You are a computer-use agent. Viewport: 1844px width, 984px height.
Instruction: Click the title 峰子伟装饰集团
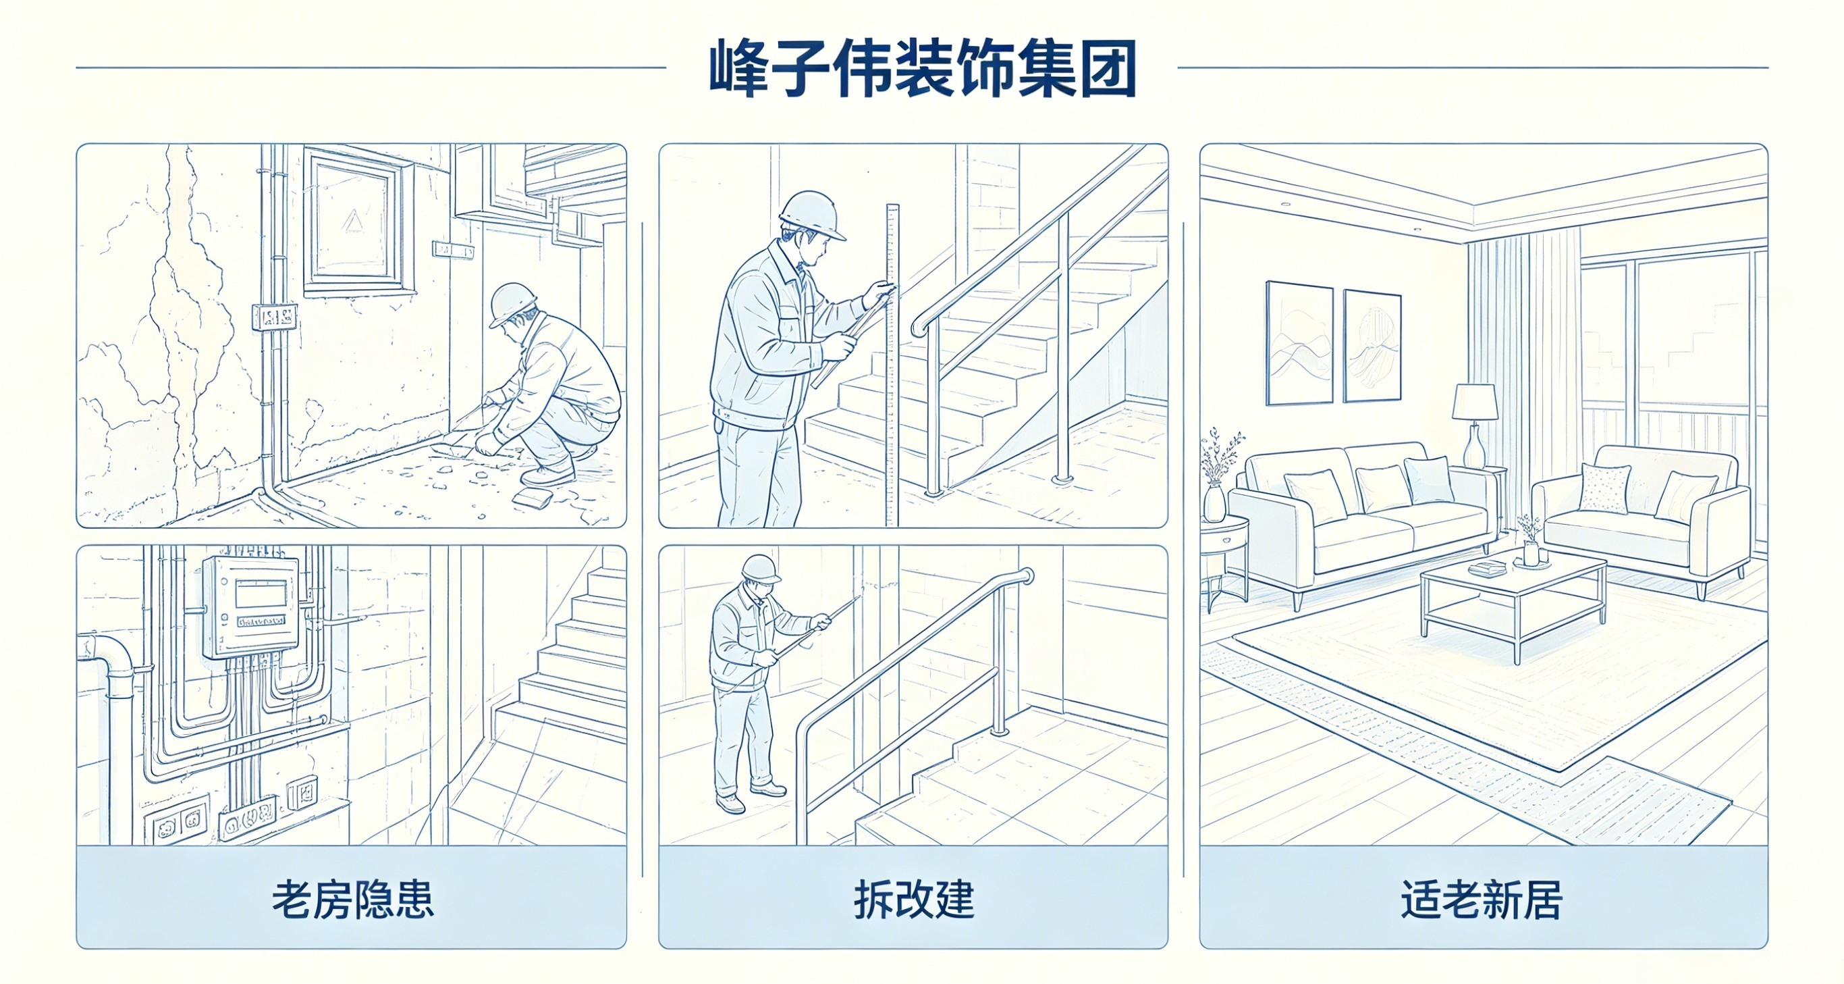coord(922,69)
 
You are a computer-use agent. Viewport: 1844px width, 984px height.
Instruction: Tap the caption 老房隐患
coord(353,900)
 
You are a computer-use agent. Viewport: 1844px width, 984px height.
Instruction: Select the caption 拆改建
coord(914,900)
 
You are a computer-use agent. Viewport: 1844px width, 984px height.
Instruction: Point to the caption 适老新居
coord(1482,900)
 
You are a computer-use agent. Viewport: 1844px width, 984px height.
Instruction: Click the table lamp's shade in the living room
coord(1475,402)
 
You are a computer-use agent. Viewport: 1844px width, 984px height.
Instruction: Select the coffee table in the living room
coord(1514,600)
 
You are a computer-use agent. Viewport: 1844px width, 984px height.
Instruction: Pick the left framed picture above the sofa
coord(1299,343)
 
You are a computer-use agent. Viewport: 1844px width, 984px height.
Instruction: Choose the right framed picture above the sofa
coord(1372,346)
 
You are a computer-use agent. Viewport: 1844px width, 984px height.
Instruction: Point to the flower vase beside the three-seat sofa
coord(1214,501)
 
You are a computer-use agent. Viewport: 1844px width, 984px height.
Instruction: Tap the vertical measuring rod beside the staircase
coord(892,365)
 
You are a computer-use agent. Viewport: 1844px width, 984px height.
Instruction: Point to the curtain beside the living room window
coord(1523,358)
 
